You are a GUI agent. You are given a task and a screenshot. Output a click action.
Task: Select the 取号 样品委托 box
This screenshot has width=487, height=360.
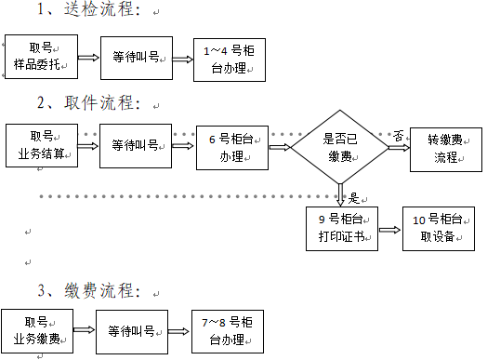[39, 57]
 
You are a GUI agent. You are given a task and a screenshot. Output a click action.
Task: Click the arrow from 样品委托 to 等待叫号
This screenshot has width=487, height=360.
[87, 57]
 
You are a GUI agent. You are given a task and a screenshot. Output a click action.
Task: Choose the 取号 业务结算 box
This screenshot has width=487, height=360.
[42, 145]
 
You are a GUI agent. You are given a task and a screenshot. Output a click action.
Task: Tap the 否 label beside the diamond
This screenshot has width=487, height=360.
[397, 135]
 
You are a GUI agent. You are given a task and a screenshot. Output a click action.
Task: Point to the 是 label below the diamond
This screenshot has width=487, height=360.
[353, 197]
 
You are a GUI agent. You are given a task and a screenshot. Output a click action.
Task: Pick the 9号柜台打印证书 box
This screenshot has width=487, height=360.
[342, 227]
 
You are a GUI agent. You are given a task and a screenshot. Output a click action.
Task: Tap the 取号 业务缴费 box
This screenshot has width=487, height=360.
[36, 330]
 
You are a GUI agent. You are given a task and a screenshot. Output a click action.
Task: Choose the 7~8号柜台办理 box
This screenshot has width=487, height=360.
[227, 331]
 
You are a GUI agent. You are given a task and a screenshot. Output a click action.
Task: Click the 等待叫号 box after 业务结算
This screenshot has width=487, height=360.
[135, 145]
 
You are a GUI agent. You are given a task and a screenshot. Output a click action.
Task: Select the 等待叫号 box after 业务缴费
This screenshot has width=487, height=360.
[132, 331]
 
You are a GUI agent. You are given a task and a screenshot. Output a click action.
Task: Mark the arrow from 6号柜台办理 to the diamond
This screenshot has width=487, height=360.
[280, 147]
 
